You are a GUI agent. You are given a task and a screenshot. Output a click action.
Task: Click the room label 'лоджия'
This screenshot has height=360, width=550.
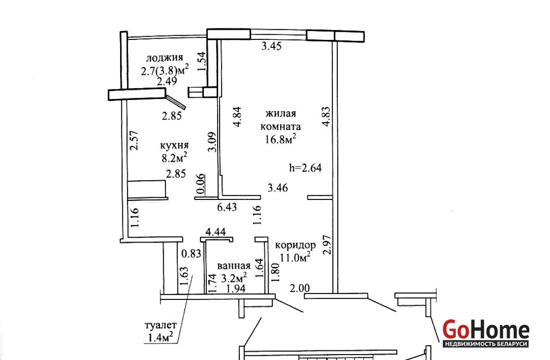click(165, 58)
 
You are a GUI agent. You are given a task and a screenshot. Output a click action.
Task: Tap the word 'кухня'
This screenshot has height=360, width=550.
click(174, 145)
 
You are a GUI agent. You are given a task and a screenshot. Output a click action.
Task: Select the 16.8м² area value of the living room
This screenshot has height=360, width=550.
click(280, 139)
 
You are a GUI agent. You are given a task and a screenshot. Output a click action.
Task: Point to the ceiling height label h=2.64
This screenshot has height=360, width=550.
click(305, 168)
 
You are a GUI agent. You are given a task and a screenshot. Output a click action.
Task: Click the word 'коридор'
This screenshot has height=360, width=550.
click(295, 245)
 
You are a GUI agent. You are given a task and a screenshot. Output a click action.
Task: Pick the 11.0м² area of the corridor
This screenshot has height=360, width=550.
click(295, 257)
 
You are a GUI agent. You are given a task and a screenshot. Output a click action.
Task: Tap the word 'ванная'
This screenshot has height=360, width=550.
click(234, 266)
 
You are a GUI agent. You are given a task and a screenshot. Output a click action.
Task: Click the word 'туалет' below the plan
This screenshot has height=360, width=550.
click(160, 325)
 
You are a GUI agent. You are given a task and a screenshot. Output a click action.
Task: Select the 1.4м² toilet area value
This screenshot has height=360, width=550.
click(160, 337)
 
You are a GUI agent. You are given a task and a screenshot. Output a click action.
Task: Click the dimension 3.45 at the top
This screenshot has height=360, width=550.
click(271, 46)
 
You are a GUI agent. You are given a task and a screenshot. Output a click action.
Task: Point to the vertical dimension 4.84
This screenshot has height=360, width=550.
click(238, 117)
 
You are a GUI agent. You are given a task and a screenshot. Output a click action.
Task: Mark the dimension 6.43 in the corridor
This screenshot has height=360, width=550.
click(227, 207)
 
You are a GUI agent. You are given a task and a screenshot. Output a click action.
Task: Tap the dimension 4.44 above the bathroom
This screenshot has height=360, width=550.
click(215, 232)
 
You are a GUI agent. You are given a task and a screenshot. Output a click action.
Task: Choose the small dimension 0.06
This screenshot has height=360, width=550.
click(201, 184)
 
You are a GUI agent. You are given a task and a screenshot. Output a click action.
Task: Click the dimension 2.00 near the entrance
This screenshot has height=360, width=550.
click(300, 288)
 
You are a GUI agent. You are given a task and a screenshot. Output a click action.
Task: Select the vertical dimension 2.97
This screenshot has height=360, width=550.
click(328, 245)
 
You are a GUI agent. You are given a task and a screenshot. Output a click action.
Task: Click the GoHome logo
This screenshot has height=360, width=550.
click(486, 329)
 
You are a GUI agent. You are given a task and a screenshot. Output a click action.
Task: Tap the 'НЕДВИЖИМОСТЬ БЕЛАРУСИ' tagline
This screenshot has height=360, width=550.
click(486, 343)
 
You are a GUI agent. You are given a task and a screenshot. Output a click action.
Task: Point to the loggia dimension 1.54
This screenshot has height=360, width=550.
click(202, 61)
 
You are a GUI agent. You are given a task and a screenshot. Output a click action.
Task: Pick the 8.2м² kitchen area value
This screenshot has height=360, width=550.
click(174, 157)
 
